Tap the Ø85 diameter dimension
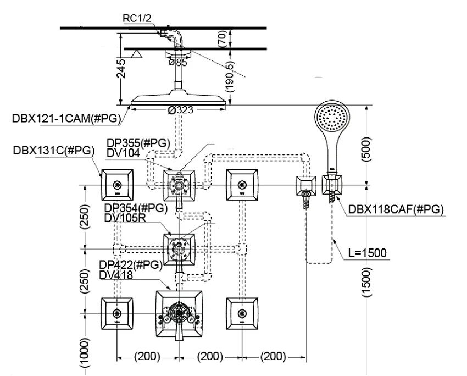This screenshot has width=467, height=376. [x=176, y=63]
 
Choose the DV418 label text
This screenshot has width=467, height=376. [x=116, y=275]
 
